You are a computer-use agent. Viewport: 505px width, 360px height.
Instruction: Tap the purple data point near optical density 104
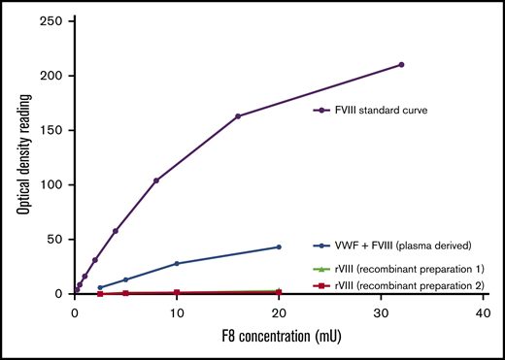click(156, 180)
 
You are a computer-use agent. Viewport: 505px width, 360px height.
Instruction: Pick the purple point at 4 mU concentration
click(116, 231)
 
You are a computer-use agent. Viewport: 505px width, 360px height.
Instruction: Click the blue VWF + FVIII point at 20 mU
click(279, 247)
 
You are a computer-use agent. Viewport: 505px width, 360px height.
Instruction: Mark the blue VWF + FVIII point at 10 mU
click(177, 263)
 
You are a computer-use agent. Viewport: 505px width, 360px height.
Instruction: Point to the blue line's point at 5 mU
click(125, 279)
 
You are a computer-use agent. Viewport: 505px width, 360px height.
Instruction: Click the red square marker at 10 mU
click(177, 292)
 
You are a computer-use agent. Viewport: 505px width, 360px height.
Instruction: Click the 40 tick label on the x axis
click(483, 313)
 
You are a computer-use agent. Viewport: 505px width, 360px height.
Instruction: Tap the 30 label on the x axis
click(381, 313)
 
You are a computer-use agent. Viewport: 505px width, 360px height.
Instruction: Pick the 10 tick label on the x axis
click(177, 313)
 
